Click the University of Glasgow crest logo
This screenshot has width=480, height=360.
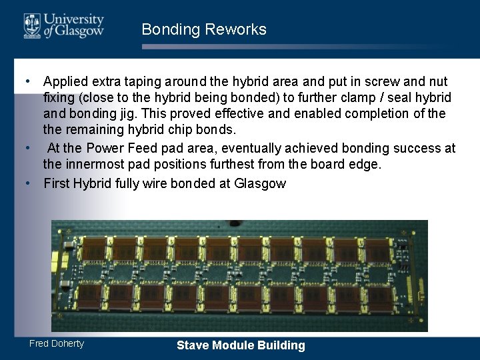pos(32,25)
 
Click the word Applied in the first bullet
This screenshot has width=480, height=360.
pos(66,81)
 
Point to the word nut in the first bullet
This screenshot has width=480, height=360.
pos(438,81)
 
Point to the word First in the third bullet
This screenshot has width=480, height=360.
pos(57,183)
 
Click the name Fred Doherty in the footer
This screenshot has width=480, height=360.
pos(57,343)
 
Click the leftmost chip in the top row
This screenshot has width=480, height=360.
pos(94,249)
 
